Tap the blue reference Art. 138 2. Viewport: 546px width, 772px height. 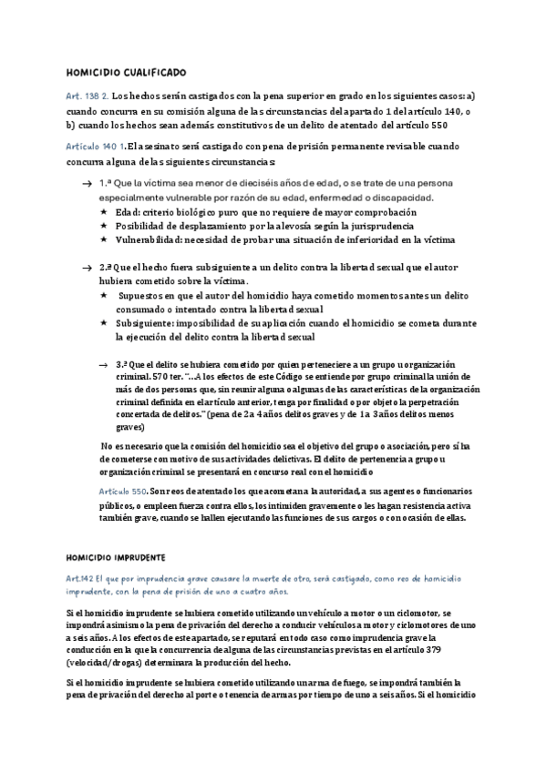point(88,96)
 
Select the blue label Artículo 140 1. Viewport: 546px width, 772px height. point(96,147)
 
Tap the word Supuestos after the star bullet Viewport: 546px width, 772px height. point(151,296)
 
